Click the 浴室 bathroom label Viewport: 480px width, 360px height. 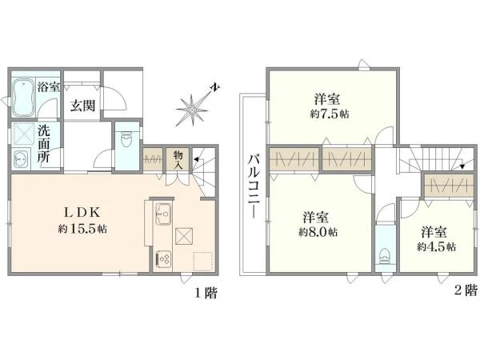(x=47, y=86)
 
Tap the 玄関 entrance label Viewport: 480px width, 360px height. (x=81, y=106)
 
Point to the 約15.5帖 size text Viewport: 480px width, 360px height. (x=82, y=229)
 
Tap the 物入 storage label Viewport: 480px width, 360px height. (x=178, y=159)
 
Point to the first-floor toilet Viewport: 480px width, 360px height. (x=126, y=142)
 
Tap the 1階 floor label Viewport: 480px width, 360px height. (x=205, y=293)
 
